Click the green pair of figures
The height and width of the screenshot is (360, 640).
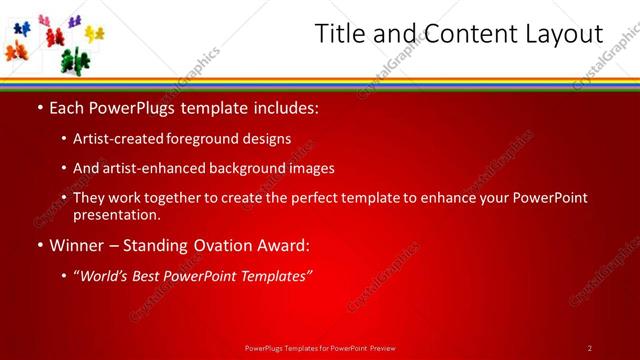point(73,59)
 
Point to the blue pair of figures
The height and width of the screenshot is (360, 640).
point(21,29)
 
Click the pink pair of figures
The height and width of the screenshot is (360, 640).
point(44,20)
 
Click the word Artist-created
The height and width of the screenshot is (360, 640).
point(124,139)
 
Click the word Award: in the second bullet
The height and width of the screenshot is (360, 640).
point(283,245)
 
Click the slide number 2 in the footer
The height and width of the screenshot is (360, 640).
point(590,348)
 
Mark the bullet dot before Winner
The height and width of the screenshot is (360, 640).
point(39,245)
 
